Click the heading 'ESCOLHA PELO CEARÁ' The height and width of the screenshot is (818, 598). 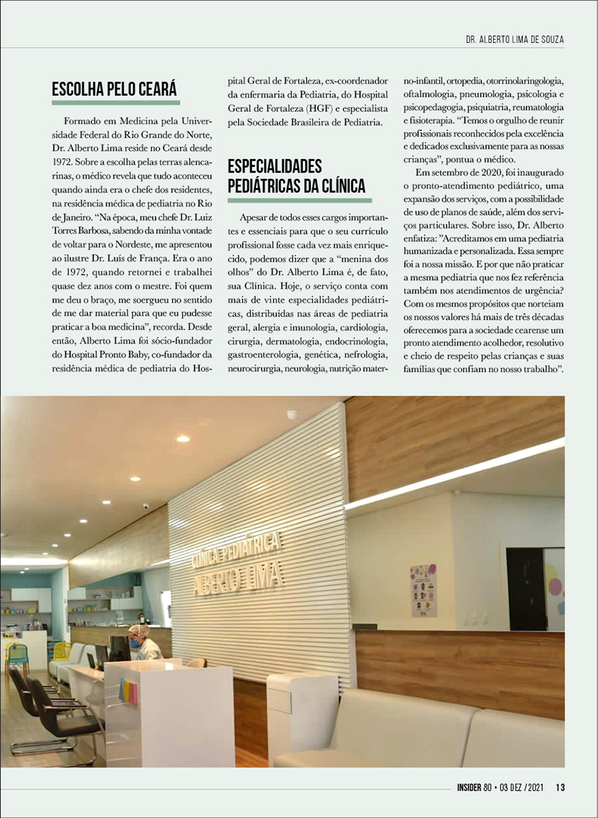click(115, 90)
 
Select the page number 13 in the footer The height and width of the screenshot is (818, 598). click(560, 789)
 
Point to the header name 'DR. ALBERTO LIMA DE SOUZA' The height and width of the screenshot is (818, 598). click(511, 40)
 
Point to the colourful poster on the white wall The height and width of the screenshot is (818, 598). click(423, 589)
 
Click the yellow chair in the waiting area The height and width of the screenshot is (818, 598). click(61, 651)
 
